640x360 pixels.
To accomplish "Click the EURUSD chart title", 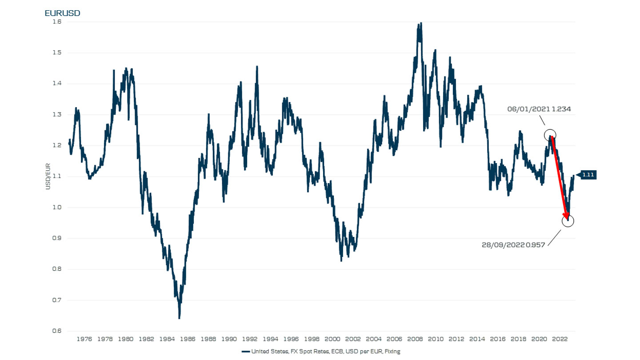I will [63, 13].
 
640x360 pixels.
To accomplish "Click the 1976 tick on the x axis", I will [84, 339].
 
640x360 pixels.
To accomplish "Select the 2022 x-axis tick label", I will [561, 339].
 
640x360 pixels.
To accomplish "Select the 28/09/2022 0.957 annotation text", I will [513, 245].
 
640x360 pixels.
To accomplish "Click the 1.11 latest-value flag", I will [588, 175].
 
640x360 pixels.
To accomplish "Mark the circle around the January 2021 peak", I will [550, 135].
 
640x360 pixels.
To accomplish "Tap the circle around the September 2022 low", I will [568, 220].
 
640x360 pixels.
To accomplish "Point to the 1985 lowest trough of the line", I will [179, 318].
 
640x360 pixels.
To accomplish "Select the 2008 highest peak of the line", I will [421, 23].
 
